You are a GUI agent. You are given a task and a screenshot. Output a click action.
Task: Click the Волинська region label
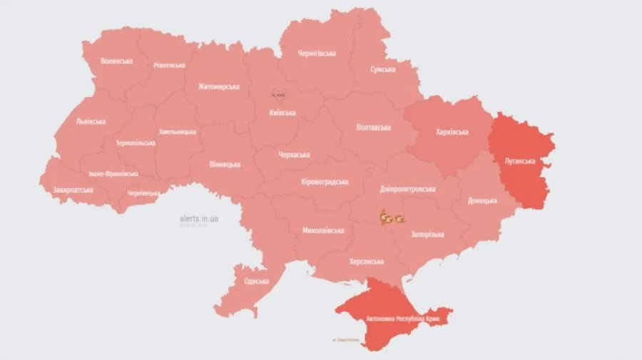(x=116, y=61)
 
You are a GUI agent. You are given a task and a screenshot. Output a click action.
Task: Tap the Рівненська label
(x=169, y=65)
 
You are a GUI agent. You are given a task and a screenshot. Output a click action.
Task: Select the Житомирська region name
(x=218, y=87)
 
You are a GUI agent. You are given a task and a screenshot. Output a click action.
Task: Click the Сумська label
(x=383, y=69)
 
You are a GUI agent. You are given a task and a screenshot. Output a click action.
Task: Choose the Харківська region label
(x=452, y=133)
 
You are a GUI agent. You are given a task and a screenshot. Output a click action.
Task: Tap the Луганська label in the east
(x=519, y=161)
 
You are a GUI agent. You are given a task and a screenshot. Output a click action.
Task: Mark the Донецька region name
(x=482, y=201)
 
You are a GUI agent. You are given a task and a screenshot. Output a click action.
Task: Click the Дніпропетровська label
(x=407, y=190)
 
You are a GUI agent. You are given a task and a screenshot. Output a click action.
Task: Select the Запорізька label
(x=427, y=235)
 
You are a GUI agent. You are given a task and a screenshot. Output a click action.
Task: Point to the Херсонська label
(x=366, y=262)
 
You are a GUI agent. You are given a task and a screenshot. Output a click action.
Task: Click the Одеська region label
(x=256, y=281)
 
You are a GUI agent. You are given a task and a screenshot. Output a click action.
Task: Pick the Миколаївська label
(x=323, y=230)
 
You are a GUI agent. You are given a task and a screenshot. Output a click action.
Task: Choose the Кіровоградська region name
(x=325, y=182)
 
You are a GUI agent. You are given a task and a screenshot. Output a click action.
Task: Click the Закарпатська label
(x=73, y=190)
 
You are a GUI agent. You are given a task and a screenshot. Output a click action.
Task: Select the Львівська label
(x=91, y=121)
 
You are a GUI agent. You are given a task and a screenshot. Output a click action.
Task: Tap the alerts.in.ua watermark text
(x=200, y=219)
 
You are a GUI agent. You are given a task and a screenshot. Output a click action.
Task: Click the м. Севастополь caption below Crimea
(x=346, y=340)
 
